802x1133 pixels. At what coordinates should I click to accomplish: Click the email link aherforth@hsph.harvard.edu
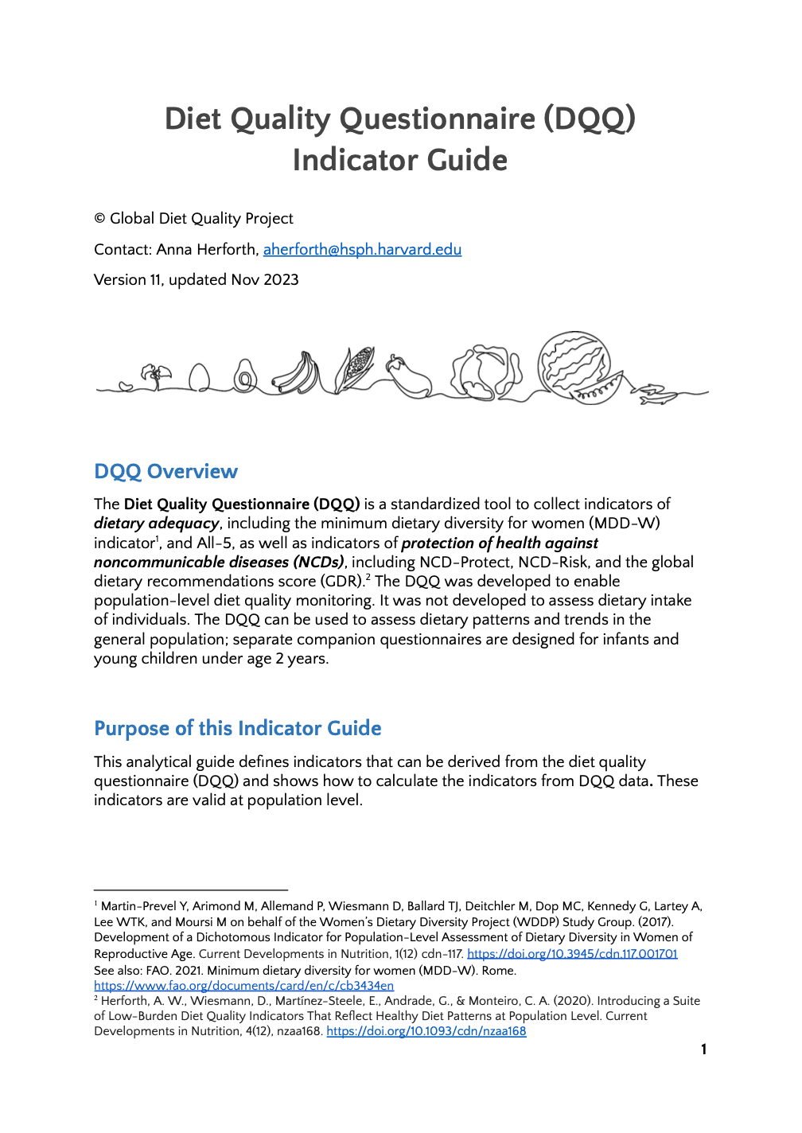tap(362, 250)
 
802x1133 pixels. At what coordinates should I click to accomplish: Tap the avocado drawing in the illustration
tap(244, 376)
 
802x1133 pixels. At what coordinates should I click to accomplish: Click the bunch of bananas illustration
tap(297, 373)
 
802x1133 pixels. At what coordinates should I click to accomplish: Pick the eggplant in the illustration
tap(409, 376)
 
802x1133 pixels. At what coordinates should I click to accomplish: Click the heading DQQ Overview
tap(165, 472)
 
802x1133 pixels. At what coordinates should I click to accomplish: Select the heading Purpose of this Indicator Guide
tap(237, 729)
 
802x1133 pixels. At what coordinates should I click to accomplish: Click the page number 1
tap(703, 1049)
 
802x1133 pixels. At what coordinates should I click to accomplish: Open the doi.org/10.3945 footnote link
tap(572, 954)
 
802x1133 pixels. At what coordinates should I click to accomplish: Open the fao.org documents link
tap(243, 986)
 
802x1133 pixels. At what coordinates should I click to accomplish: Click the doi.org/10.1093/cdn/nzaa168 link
tap(426, 1031)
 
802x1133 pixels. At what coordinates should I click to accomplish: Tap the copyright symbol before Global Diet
tap(99, 219)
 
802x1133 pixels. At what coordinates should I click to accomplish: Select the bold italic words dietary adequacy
tap(156, 524)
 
